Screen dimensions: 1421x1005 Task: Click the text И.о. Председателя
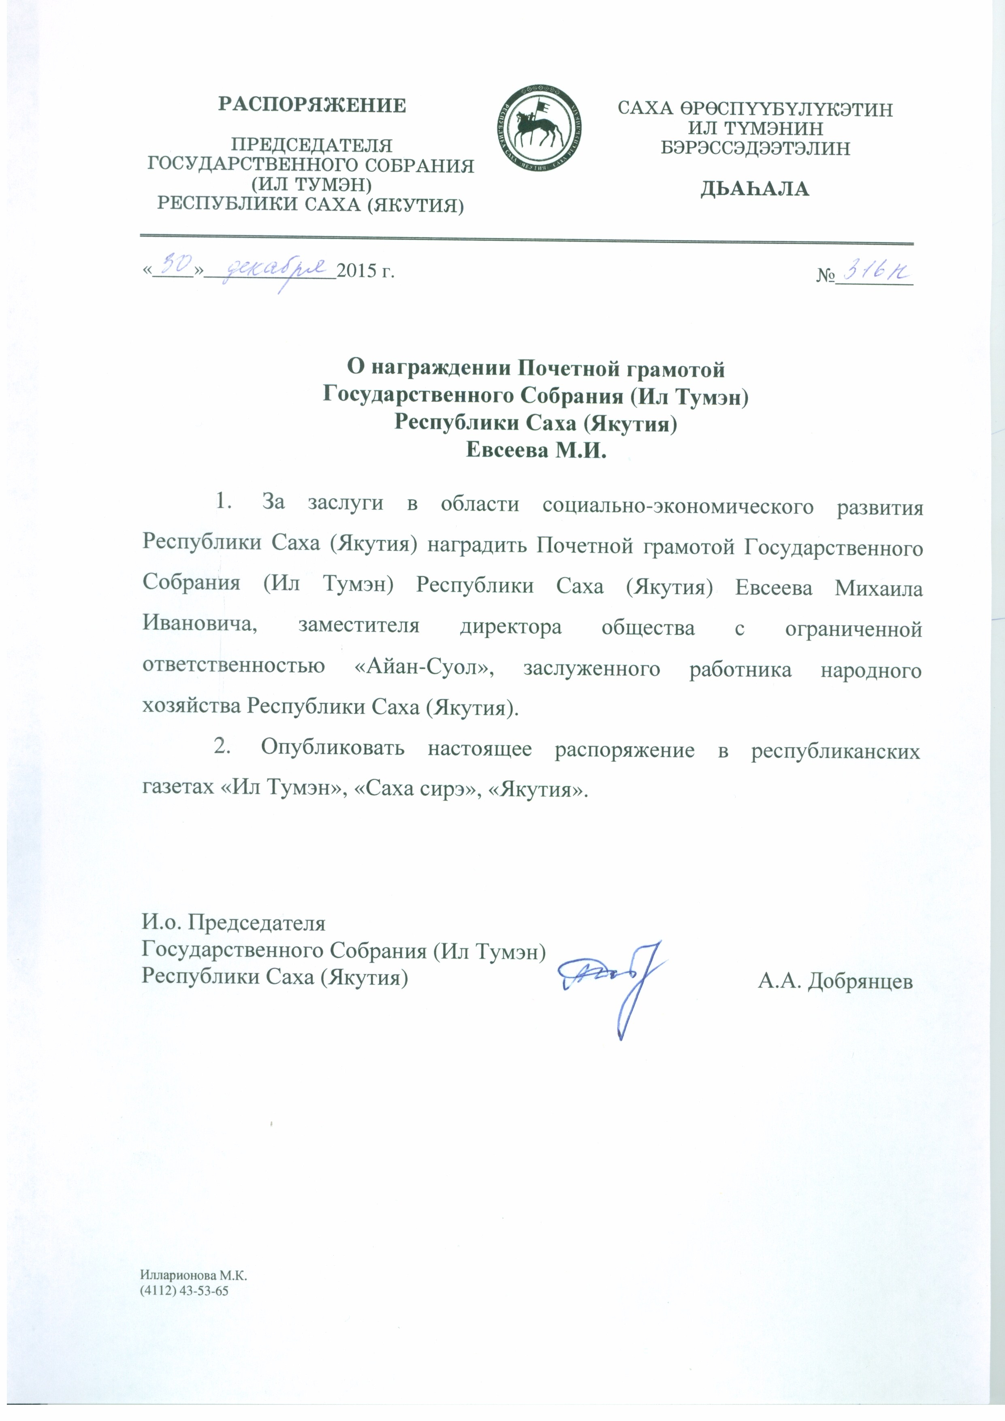(234, 922)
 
